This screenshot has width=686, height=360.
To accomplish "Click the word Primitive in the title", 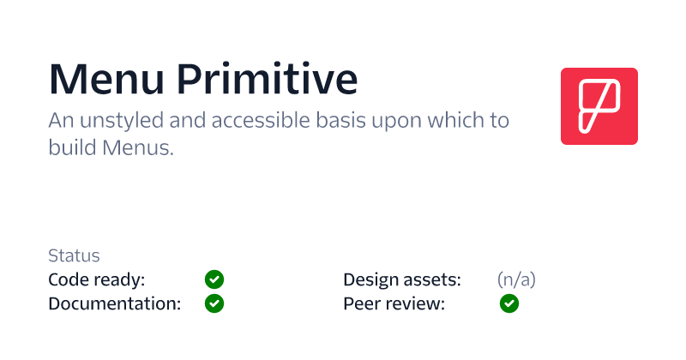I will click(268, 79).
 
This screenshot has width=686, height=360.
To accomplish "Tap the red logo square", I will click(599, 106).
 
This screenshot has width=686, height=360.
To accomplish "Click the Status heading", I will click(74, 255).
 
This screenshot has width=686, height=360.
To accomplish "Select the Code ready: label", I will click(97, 279).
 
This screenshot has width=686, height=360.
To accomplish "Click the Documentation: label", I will click(115, 303).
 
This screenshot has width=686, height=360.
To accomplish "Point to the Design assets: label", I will click(402, 279).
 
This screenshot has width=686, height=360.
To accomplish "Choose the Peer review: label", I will click(394, 303).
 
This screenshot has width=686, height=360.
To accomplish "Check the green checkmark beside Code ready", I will click(214, 279).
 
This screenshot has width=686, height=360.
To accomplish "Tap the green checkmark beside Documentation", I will click(214, 303).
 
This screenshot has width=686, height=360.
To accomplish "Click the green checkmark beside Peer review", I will click(509, 303).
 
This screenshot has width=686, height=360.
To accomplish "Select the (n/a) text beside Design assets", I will click(516, 279).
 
